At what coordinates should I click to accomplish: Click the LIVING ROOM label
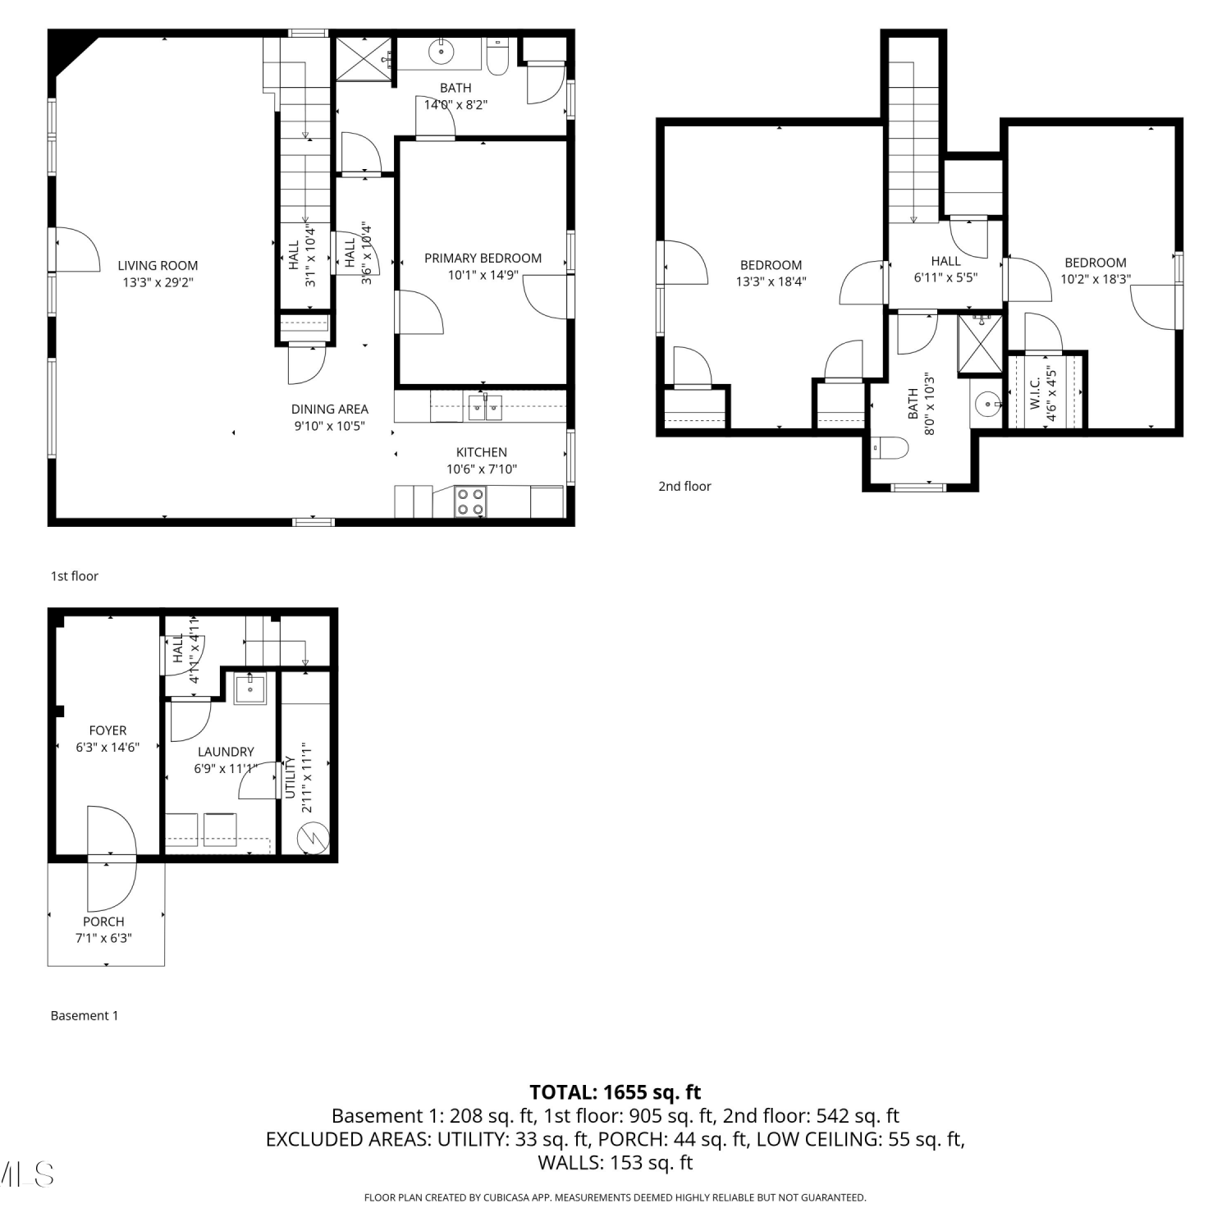pos(158,265)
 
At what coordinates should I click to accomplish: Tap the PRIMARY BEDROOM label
pos(483,258)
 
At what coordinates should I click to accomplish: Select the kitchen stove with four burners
pos(470,501)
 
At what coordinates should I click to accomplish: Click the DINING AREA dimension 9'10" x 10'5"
pos(329,426)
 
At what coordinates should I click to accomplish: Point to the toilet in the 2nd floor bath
pos(890,448)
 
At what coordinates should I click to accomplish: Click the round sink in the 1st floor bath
pos(442,52)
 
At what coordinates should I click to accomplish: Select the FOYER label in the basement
pos(108,730)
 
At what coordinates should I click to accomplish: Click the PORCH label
pos(103,922)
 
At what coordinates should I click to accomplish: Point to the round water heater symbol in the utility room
pos(313,839)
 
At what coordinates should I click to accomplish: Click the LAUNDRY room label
pos(226,752)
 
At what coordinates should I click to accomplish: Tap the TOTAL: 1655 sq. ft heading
pos(615,1092)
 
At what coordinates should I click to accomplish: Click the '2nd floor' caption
pos(684,486)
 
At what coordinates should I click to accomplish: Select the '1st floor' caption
pos(75,576)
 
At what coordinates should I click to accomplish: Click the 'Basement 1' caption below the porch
pos(85,1015)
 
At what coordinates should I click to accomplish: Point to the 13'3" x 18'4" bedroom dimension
pos(771,281)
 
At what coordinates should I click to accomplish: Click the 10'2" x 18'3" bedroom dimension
pos(1096,279)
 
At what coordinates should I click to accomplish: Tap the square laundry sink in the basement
pos(249,688)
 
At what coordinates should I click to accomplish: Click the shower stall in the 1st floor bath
pos(364,57)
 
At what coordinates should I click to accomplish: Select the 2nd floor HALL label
pos(945,261)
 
